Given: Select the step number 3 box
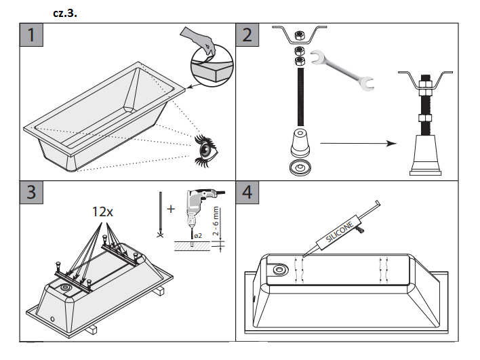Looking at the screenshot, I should (x=31, y=192).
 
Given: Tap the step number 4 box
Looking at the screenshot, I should (x=247, y=192).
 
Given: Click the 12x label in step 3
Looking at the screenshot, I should (x=102, y=212).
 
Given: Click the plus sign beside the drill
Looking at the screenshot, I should (x=171, y=209).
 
